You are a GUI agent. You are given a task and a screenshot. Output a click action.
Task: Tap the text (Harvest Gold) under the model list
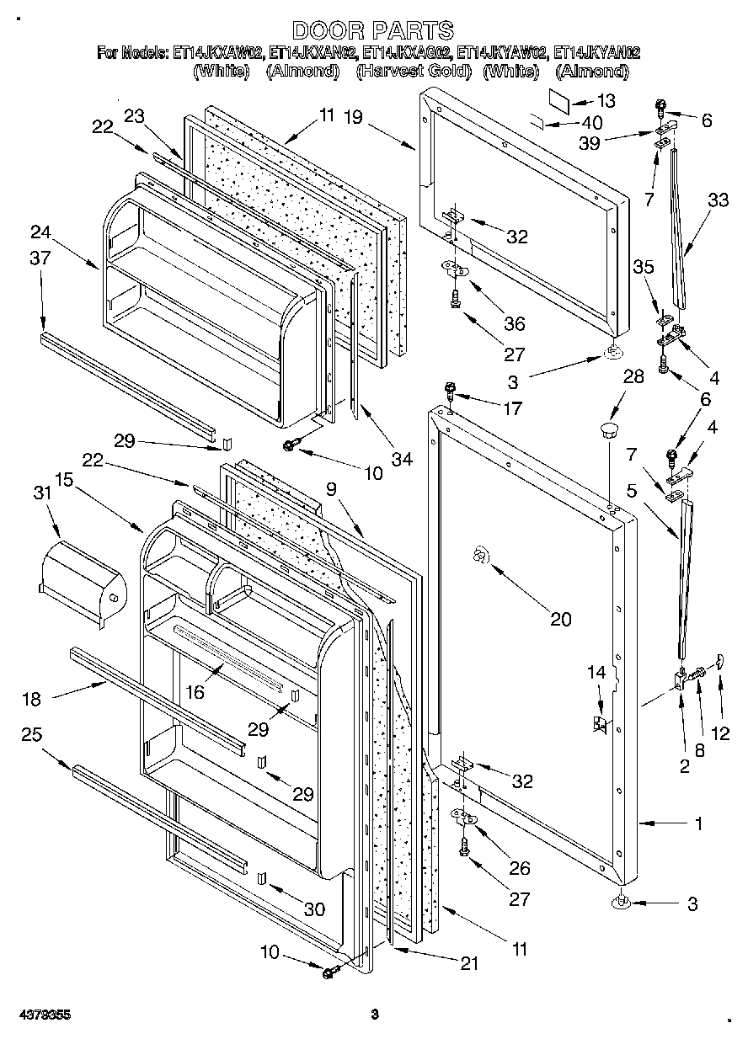413,72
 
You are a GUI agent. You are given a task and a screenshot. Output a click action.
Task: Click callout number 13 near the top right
605,100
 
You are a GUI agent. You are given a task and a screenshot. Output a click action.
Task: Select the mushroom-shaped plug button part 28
607,432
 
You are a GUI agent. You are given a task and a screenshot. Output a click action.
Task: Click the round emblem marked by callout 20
480,555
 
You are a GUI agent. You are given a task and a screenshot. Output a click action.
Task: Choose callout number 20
560,620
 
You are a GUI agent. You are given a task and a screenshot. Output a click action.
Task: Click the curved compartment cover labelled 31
83,582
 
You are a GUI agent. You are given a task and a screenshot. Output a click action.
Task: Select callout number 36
514,323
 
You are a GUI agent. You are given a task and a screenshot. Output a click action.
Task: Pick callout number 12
720,733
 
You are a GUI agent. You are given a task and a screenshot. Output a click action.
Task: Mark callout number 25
32,735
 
